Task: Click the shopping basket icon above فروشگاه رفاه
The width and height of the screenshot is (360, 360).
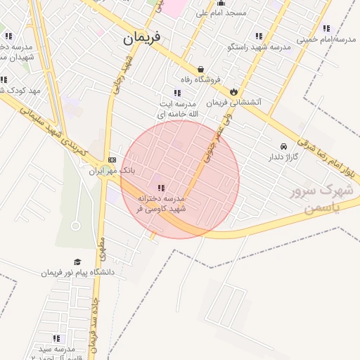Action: (x=202, y=69)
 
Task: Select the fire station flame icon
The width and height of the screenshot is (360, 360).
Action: (x=233, y=91)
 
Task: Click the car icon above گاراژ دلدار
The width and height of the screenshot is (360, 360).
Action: (x=282, y=146)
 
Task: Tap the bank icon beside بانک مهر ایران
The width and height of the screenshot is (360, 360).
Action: (x=112, y=160)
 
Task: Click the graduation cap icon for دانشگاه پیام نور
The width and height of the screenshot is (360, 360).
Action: (x=77, y=262)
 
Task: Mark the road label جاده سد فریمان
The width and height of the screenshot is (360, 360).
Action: (x=94, y=327)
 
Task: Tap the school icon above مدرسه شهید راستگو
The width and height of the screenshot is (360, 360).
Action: (x=259, y=36)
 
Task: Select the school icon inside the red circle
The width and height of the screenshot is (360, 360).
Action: (x=161, y=188)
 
